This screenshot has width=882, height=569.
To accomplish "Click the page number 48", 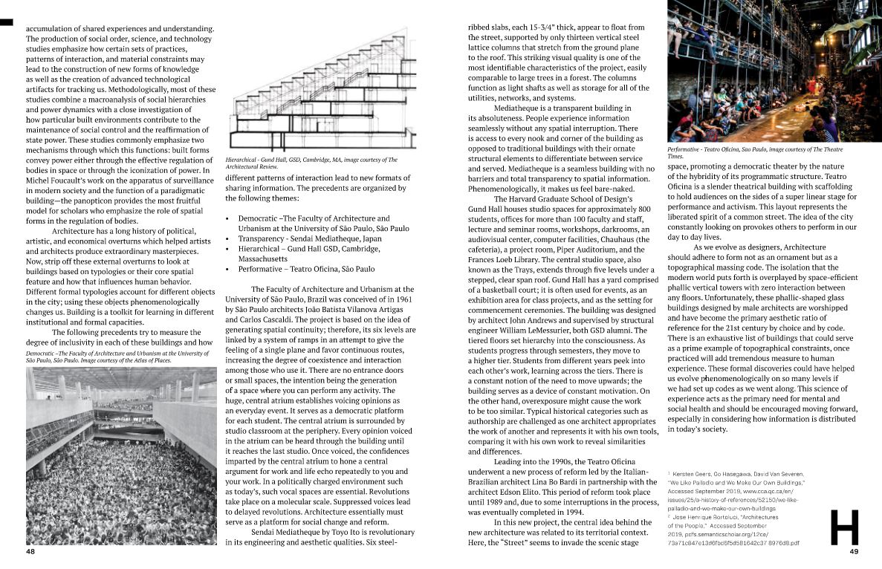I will click(x=30, y=552).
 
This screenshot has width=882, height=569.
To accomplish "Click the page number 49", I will click(x=854, y=552).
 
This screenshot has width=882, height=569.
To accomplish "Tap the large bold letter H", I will click(x=844, y=527).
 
